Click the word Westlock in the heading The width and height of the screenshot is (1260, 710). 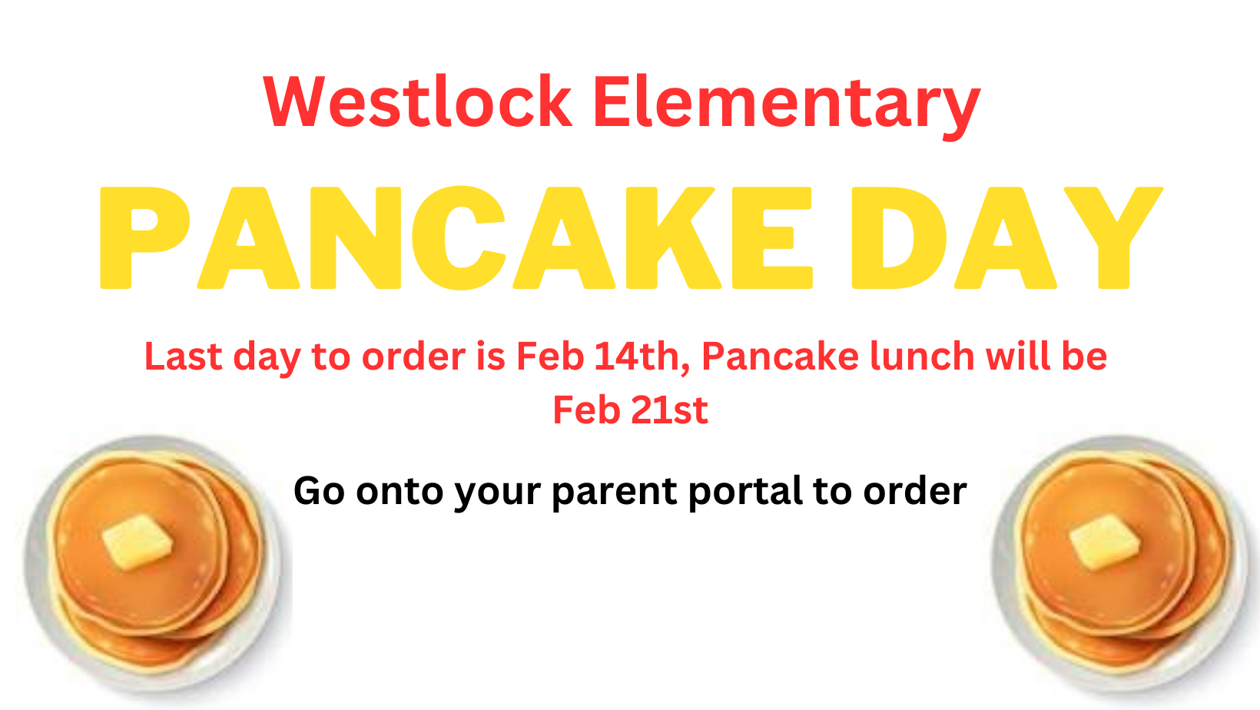(x=417, y=101)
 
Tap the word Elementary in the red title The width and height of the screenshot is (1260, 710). (x=787, y=107)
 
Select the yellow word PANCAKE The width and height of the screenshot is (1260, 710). (x=456, y=237)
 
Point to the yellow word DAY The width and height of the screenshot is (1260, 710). (x=1007, y=237)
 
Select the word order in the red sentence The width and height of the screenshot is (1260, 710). (x=413, y=357)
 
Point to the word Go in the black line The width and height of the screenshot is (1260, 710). (x=319, y=491)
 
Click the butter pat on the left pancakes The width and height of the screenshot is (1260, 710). (x=137, y=542)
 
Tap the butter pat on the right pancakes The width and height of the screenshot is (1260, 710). (x=1104, y=542)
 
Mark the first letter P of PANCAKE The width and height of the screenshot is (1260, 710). (x=144, y=237)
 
